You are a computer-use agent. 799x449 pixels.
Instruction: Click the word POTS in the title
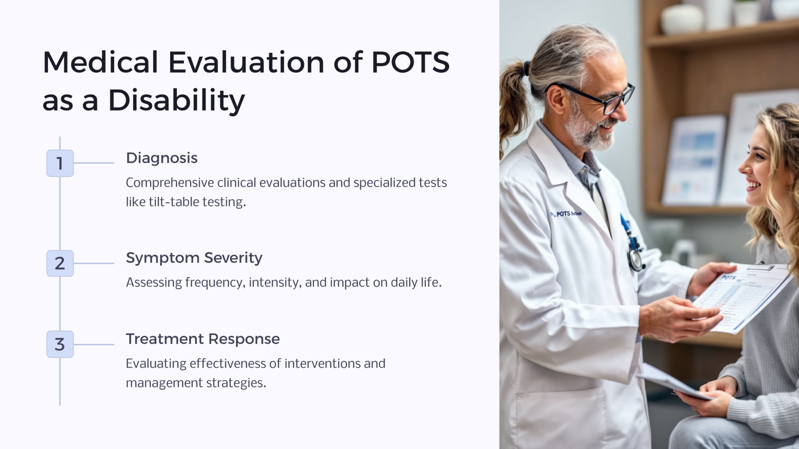pyautogui.click(x=410, y=62)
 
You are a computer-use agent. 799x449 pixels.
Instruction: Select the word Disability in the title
pyautogui.click(x=176, y=101)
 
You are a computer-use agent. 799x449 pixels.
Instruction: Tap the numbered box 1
pyautogui.click(x=60, y=163)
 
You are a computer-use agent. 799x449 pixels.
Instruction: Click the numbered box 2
pyautogui.click(x=60, y=263)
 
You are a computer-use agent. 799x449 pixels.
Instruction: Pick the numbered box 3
pyautogui.click(x=60, y=345)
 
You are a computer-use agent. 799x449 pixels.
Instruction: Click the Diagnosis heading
pyautogui.click(x=162, y=158)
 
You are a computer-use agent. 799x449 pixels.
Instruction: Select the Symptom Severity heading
pyautogui.click(x=194, y=258)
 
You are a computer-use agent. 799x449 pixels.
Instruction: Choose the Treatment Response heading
pyautogui.click(x=202, y=339)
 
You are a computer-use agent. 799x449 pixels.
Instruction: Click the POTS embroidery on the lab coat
pyautogui.click(x=568, y=214)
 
